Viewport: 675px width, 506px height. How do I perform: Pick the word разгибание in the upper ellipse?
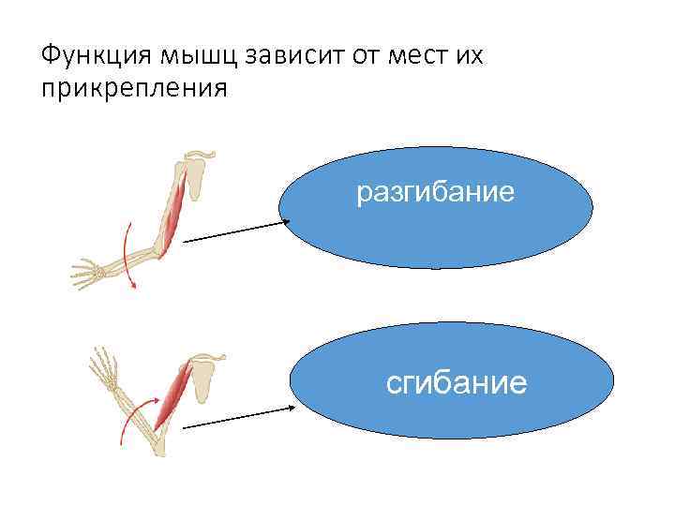point(436,194)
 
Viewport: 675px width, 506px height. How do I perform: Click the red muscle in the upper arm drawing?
point(173,216)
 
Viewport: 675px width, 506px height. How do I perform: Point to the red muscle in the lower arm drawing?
point(172,394)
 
